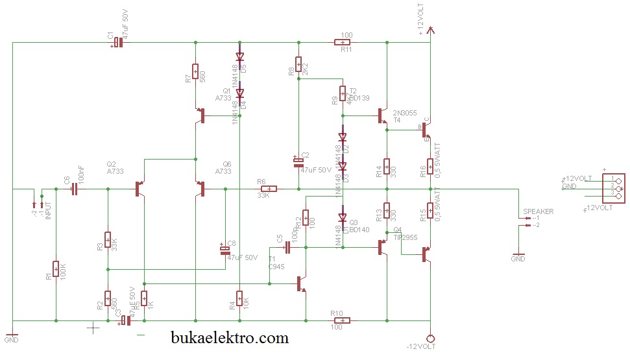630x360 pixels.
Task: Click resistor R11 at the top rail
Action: (x=343, y=43)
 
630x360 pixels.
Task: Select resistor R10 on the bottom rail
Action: (x=342, y=320)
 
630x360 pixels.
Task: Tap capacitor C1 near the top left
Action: (x=117, y=43)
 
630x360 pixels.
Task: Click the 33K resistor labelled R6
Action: (x=268, y=189)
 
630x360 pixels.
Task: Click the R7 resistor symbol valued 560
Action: (x=195, y=71)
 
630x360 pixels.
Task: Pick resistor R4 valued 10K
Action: (x=239, y=298)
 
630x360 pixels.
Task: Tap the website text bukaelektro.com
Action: (x=230, y=337)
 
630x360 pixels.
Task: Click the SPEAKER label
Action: (x=538, y=211)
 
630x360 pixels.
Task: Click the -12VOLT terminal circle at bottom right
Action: (x=430, y=337)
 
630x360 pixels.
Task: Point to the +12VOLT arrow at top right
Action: (x=430, y=29)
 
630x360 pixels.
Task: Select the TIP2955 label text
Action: (x=406, y=237)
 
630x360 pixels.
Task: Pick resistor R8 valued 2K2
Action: (x=298, y=65)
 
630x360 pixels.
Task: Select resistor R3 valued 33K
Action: (x=108, y=241)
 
